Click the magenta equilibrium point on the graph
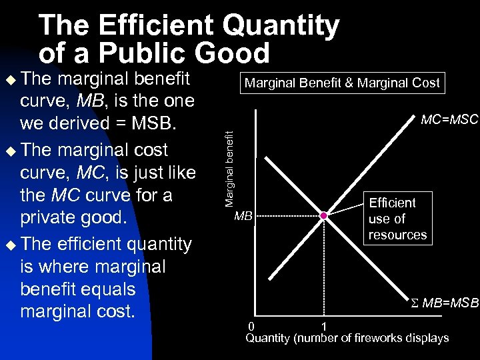(x=323, y=216)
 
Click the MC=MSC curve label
(x=449, y=120)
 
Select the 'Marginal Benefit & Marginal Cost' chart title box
(x=342, y=83)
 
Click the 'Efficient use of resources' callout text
(x=397, y=219)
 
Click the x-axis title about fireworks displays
(x=347, y=338)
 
